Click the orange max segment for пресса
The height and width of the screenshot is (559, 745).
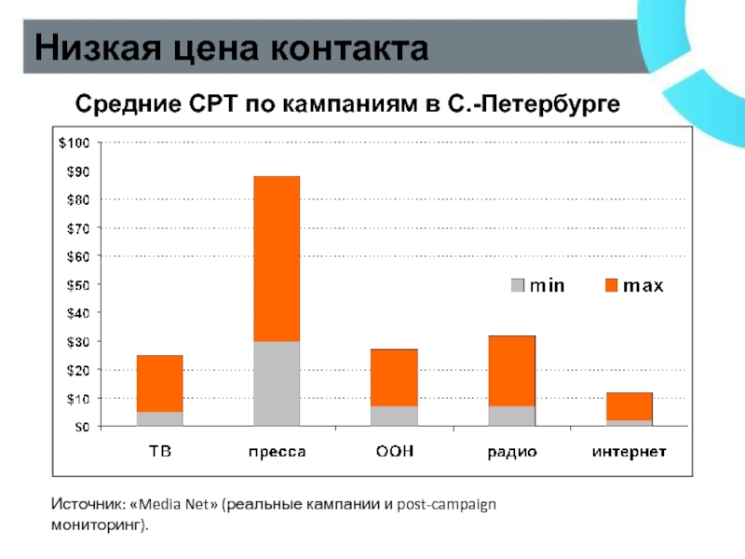pos(277,258)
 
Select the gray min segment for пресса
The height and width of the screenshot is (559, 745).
pos(277,383)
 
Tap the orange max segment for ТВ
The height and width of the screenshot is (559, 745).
pos(159,383)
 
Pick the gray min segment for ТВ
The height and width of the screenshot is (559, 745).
pos(159,418)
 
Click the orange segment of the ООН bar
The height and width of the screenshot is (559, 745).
pos(394,377)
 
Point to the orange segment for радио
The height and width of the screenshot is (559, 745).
pos(511,370)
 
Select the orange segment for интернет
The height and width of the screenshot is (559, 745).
pos(629,406)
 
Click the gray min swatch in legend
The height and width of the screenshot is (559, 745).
pos(518,285)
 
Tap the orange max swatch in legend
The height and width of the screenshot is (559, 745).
pos(612,285)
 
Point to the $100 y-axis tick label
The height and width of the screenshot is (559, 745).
pos(74,143)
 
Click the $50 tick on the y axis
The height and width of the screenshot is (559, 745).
pos(77,284)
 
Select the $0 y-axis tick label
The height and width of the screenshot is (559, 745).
pos(81,427)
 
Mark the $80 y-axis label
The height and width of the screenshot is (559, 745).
pos(77,199)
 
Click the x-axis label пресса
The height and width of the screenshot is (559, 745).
pos(277,453)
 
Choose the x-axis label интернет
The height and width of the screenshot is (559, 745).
pos(629,453)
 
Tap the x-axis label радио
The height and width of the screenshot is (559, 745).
pos(511,453)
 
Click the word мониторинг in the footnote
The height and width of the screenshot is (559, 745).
pos(97,526)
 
